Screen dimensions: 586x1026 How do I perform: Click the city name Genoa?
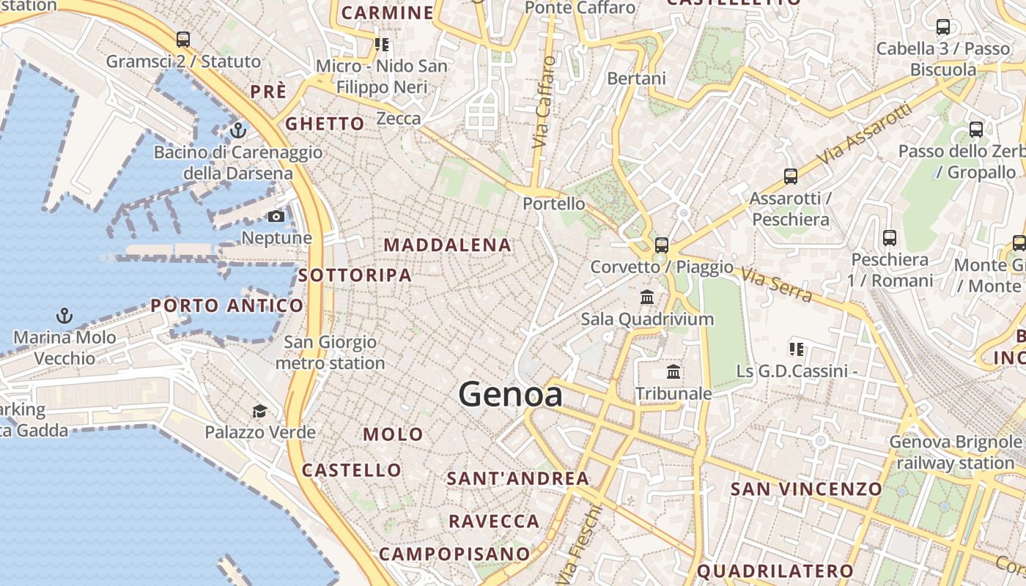click(510, 395)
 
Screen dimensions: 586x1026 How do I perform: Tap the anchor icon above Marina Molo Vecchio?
click(65, 316)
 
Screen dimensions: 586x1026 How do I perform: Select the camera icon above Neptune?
click(276, 216)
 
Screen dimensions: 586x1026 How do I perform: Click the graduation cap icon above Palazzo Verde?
click(259, 411)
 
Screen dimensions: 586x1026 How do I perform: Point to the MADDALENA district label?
click(447, 245)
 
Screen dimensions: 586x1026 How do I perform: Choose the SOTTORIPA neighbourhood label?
click(355, 275)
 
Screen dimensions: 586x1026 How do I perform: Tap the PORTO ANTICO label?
click(227, 305)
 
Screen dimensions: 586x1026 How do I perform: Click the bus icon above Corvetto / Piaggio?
click(662, 245)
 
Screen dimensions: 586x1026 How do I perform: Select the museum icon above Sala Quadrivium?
click(647, 297)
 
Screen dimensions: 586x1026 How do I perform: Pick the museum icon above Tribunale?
click(673, 372)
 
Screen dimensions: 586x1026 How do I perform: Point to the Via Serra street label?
click(776, 285)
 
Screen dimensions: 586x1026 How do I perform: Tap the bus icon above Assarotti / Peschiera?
click(790, 177)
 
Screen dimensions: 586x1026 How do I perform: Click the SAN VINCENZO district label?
click(806, 489)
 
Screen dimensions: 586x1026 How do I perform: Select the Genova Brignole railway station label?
click(955, 452)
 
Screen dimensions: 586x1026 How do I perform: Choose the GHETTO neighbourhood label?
click(325, 124)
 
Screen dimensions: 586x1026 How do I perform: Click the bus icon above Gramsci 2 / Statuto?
click(183, 40)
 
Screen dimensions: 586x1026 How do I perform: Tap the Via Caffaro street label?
click(544, 103)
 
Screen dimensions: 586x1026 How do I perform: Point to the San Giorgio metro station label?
click(330, 352)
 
